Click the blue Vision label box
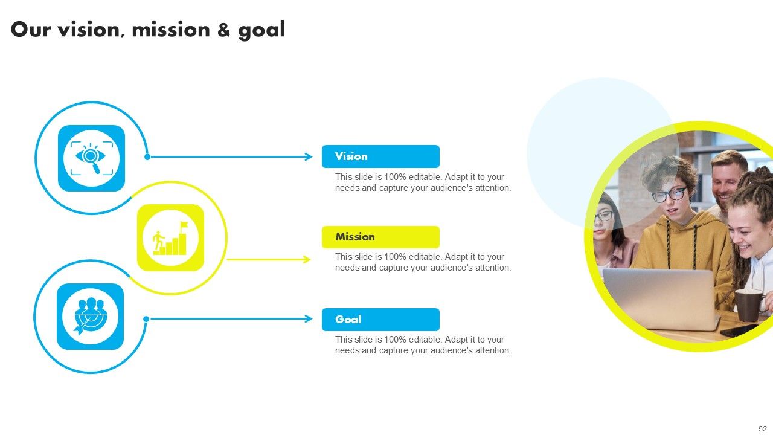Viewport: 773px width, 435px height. (380, 156)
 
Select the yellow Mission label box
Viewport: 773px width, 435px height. (380, 237)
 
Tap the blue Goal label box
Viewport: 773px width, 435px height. (380, 320)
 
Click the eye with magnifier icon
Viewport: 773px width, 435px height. (91, 158)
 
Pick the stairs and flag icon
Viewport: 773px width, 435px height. (171, 238)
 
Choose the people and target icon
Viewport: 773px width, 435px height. (91, 317)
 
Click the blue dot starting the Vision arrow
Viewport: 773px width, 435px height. (147, 157)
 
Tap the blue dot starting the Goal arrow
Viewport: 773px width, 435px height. (146, 319)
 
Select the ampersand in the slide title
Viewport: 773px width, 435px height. (223, 30)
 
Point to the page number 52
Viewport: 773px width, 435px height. (762, 428)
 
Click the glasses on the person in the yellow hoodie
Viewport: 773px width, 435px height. (669, 195)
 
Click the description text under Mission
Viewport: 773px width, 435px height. (423, 262)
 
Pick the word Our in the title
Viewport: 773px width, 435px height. (31, 30)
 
